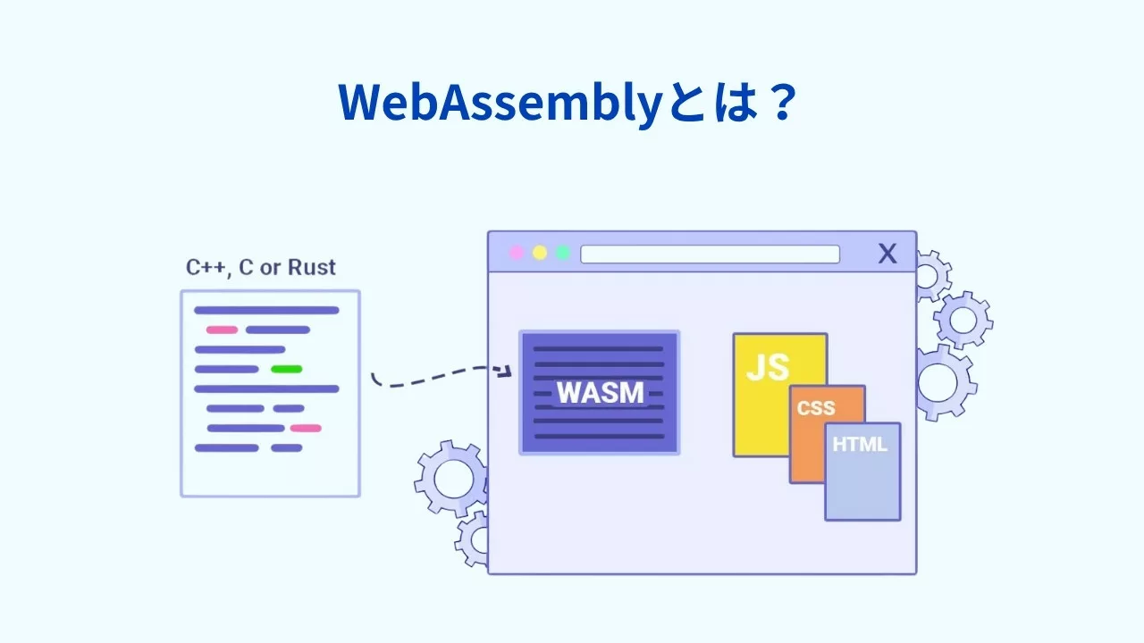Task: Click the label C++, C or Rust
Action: click(261, 268)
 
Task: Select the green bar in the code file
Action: click(286, 369)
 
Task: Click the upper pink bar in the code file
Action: click(222, 330)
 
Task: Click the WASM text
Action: click(600, 393)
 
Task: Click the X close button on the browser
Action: click(887, 254)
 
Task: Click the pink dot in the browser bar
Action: click(517, 253)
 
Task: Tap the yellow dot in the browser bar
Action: click(540, 253)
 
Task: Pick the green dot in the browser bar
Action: click(563, 253)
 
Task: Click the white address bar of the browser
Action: click(710, 254)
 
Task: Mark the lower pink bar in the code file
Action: click(305, 428)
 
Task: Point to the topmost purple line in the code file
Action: click(266, 310)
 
